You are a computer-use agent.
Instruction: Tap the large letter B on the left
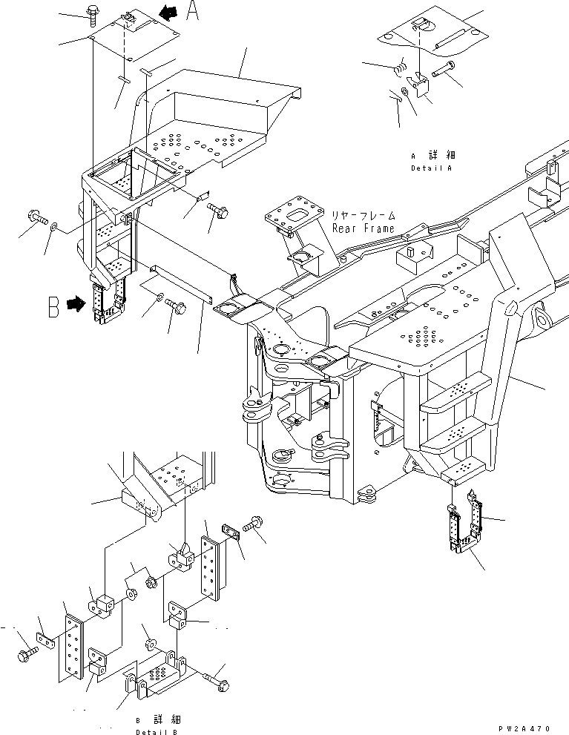coord(53,306)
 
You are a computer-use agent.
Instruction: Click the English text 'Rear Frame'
coord(364,228)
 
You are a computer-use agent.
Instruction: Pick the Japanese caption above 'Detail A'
coord(433,156)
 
